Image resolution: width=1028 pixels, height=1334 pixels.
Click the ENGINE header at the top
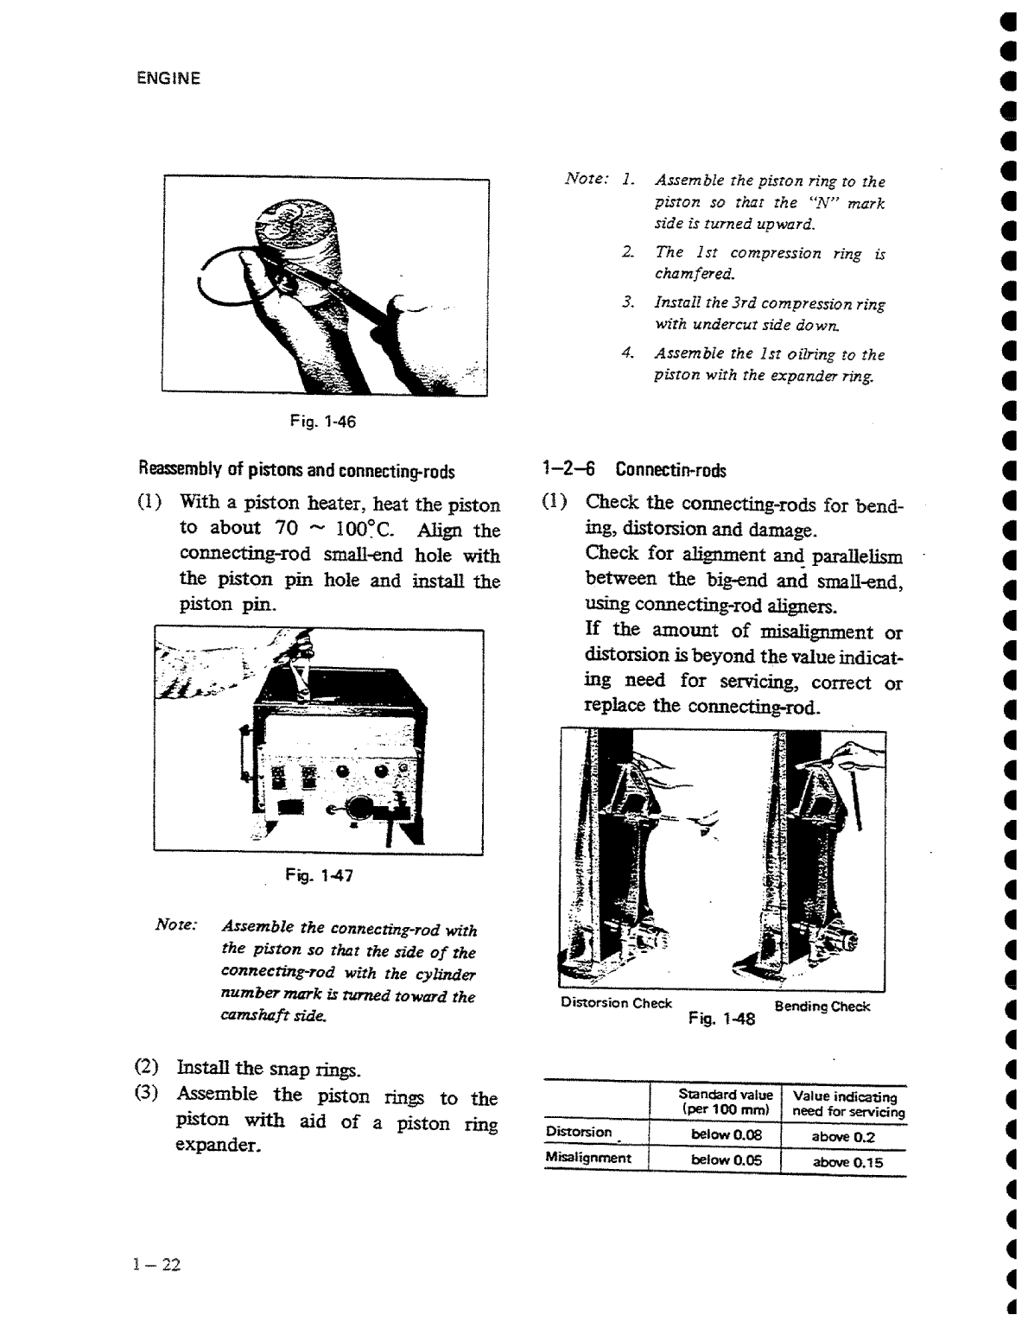coord(168,79)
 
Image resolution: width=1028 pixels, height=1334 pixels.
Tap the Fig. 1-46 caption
coord(323,422)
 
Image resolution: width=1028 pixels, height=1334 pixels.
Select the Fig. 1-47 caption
coord(319,876)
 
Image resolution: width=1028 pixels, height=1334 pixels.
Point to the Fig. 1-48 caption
coord(721,1019)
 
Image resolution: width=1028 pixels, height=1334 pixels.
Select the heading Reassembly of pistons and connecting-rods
coord(296,472)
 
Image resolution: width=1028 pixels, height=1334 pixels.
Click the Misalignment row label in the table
coord(588,1158)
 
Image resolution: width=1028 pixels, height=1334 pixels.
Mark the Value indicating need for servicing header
coord(844,1104)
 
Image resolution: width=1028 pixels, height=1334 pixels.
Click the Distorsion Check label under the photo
coord(616,1003)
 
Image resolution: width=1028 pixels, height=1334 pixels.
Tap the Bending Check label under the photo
coord(822,1007)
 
